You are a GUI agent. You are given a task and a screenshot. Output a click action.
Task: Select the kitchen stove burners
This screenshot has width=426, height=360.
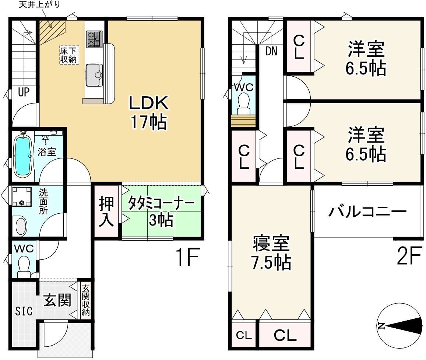tap(94, 39)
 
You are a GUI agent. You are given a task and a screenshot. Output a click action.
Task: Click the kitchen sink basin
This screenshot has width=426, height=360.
tap(94, 75)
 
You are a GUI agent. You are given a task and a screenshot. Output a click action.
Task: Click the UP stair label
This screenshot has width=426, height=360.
tap(24, 92)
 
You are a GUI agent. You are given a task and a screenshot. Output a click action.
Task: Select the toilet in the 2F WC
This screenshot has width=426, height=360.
tap(243, 103)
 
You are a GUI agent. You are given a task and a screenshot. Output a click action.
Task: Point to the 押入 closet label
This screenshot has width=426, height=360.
tap(106, 212)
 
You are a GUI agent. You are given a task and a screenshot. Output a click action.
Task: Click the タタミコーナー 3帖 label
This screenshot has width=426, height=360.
tap(161, 212)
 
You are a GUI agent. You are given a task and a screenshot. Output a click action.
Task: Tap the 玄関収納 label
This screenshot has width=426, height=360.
tap(85, 300)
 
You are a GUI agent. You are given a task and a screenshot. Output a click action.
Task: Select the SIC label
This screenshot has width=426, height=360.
tap(24, 311)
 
